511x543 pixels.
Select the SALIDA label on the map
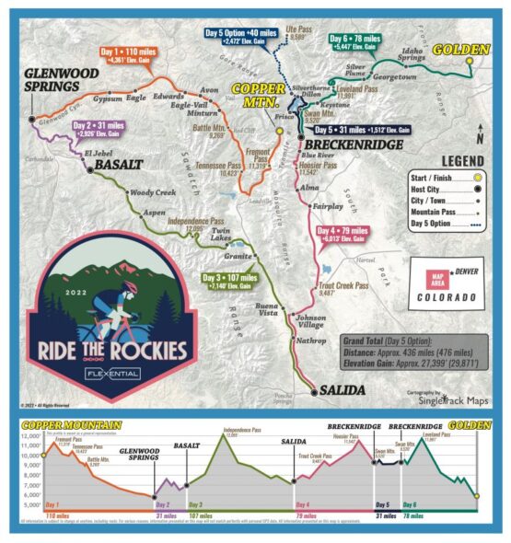pos(342,391)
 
